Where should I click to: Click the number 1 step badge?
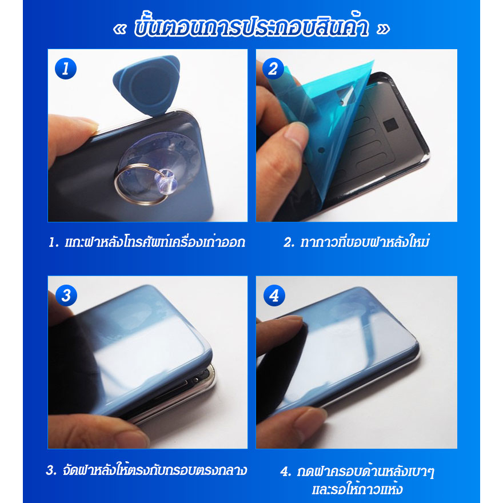click(x=66, y=69)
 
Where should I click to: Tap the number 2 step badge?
click(x=273, y=69)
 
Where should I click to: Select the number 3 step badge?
click(x=66, y=296)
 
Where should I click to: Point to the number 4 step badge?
click(x=273, y=296)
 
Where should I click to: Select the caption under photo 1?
click(x=147, y=242)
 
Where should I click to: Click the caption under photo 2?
click(x=356, y=242)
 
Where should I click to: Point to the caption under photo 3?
click(x=147, y=471)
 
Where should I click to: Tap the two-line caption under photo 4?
click(x=361, y=481)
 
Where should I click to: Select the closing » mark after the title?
click(x=382, y=30)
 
